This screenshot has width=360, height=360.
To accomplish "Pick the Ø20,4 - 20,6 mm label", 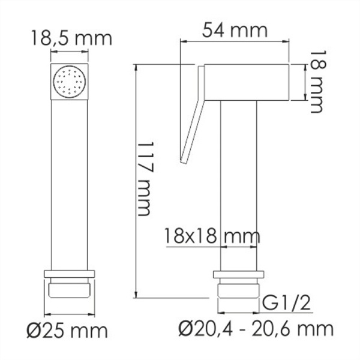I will pyautogui.click(x=257, y=328).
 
